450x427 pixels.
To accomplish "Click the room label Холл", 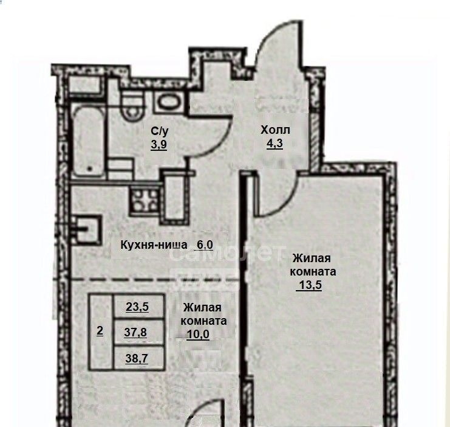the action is [x=275, y=130].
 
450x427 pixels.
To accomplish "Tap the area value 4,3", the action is [x=275, y=144].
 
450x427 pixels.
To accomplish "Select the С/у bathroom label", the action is [x=159, y=131].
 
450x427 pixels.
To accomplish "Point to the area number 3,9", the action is [x=159, y=144].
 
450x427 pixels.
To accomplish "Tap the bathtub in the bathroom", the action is [x=88, y=142].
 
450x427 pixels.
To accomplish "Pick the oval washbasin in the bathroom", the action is [x=169, y=102].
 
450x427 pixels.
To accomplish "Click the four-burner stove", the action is [x=145, y=200].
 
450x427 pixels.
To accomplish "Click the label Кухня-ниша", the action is [x=154, y=245].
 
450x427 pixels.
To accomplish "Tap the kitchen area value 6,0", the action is [x=205, y=245].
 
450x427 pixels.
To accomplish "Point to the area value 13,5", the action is [x=310, y=285].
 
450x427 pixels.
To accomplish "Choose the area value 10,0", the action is [x=198, y=335].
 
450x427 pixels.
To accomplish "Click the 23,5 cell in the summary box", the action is [x=137, y=307].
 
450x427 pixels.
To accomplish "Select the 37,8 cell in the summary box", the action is [x=135, y=332].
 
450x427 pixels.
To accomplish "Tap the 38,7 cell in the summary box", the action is [x=137, y=358].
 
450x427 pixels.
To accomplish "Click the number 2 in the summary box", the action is [x=100, y=331].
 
